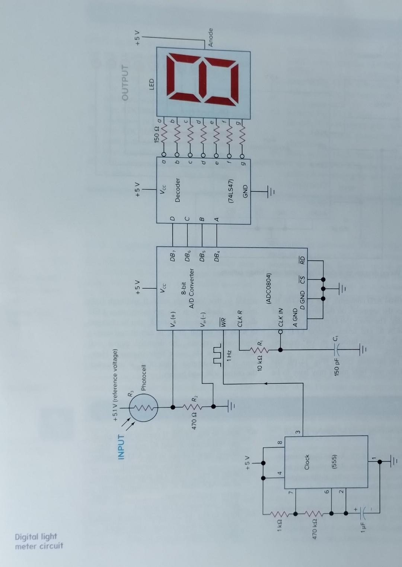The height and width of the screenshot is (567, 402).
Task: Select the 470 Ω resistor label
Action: [194, 420]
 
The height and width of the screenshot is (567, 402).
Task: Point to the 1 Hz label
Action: [229, 355]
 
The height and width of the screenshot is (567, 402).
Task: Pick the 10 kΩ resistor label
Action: [260, 363]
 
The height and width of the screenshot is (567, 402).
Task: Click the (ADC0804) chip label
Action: [269, 289]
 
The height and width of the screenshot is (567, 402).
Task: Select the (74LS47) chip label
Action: [231, 191]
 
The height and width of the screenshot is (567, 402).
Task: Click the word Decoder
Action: [178, 190]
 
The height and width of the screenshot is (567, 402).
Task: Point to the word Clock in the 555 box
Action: [307, 462]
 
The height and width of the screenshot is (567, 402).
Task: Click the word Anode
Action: [210, 37]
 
